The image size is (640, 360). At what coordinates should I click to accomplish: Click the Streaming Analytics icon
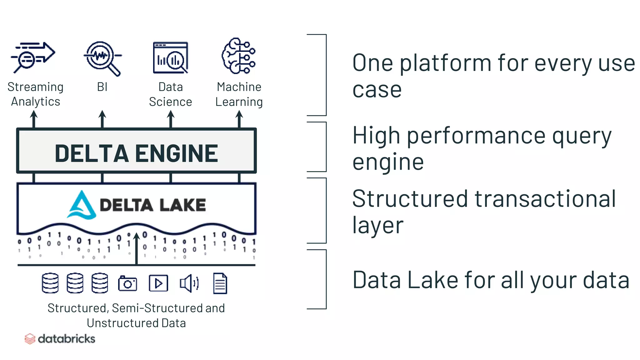33,57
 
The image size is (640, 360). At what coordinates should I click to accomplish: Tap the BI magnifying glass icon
102,58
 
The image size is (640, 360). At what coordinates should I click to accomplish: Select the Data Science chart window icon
171,58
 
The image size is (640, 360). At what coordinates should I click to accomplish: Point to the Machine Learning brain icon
238,56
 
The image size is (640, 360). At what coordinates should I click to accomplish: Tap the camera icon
127,283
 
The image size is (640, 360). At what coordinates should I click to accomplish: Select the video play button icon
158,283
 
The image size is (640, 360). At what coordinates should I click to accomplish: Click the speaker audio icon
189,283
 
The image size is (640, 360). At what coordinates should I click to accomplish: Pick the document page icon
220,283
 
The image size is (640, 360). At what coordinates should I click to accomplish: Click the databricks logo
60,339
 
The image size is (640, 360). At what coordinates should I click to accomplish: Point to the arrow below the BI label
102,119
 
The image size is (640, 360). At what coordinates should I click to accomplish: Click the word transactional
545,199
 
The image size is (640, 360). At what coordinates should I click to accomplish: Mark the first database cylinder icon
50,283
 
